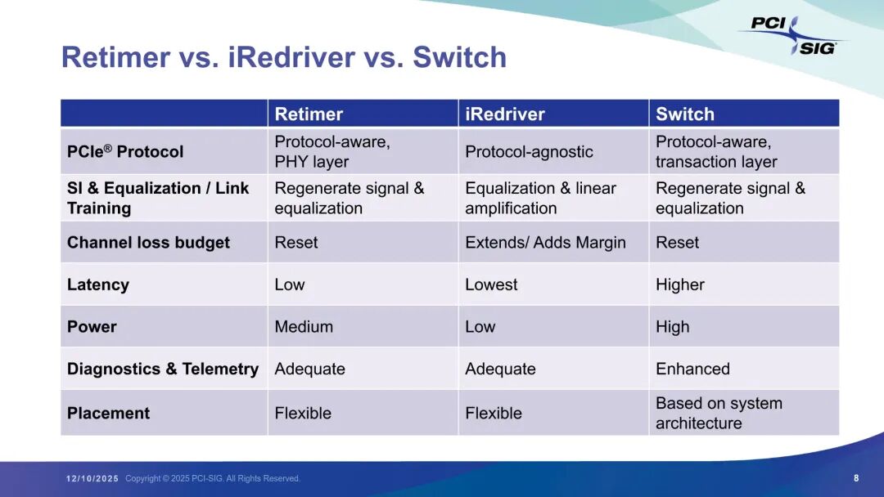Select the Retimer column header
(309, 114)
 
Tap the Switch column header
(685, 114)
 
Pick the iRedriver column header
(505, 114)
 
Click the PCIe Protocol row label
(125, 152)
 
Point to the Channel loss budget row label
(148, 243)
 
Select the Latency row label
(98, 285)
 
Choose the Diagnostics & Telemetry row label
(162, 369)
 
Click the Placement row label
(108, 414)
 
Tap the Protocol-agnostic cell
(529, 152)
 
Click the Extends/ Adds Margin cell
(545, 243)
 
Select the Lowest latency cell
(491, 285)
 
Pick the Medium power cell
(304, 327)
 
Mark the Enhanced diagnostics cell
(692, 369)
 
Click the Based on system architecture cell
(719, 413)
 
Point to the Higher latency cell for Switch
(680, 285)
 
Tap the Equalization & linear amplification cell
(540, 198)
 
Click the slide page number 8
(856, 478)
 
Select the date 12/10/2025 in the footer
(92, 479)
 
